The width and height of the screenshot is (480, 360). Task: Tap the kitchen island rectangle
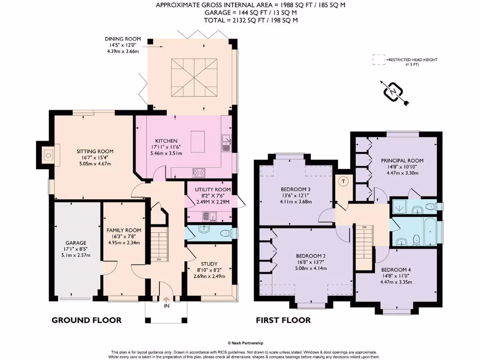pos(198,139)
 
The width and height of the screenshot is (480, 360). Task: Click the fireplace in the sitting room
pos(47,155)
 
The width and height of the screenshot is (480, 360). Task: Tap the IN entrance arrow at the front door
pos(166,302)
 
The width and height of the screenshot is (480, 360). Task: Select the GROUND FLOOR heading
pos(86,320)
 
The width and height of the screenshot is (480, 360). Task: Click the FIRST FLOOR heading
pos(283,320)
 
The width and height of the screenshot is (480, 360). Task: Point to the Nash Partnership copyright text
pos(246,343)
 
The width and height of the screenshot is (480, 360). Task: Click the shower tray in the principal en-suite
pos(401,206)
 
